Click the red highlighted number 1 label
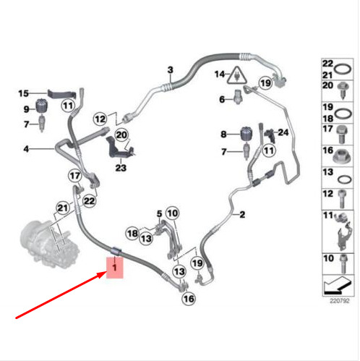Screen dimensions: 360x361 coord(115,268)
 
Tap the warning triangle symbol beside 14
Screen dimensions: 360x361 coord(237,76)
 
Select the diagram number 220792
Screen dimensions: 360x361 coord(339,301)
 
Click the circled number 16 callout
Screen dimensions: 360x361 coord(189,299)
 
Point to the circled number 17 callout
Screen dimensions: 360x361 coord(74,176)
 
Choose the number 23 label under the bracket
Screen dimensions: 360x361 coord(121,168)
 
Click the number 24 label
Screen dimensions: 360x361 coord(283,132)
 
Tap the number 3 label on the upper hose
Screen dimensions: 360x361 coord(171,70)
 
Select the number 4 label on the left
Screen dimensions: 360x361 coord(26,149)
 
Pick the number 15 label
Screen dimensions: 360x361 coord(23,93)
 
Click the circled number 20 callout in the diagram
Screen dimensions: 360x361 coord(121,135)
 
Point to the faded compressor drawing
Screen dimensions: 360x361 coord(49,244)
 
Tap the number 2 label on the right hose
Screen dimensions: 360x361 coord(242,214)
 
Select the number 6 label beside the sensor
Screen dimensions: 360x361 coord(222,99)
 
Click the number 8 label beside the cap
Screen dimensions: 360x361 coord(223,134)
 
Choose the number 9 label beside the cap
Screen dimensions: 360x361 coord(26,109)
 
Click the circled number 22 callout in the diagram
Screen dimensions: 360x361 coord(89,201)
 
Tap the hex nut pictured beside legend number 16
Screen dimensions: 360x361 coord(342,156)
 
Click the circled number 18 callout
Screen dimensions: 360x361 coord(132,233)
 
